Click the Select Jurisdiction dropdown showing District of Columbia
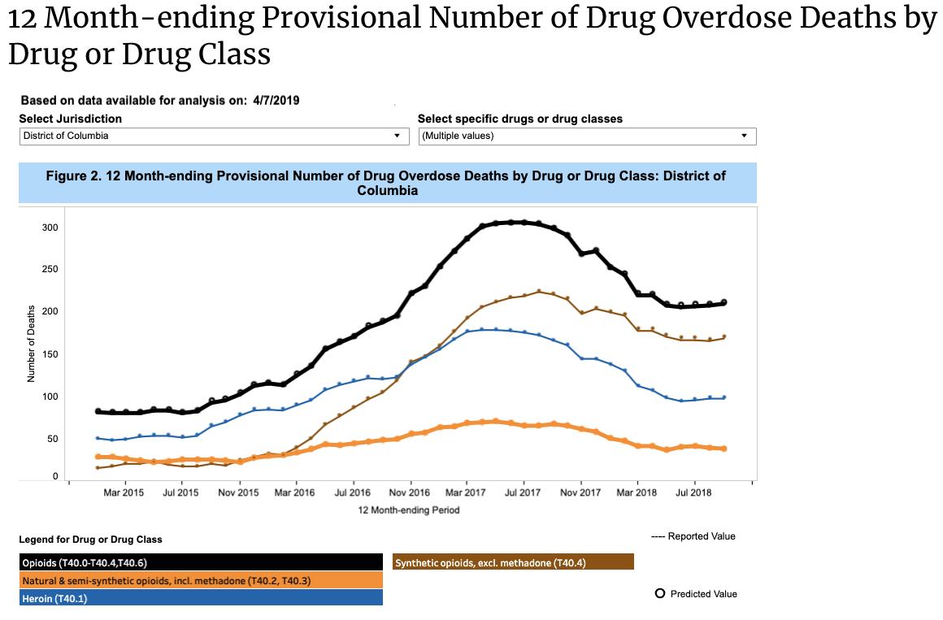214,136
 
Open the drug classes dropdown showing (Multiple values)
587,136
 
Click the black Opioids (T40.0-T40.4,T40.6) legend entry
201,562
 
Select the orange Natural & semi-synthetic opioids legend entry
201,580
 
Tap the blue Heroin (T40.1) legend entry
201,598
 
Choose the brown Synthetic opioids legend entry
513,562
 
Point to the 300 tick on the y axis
50,228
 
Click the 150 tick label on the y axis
50,354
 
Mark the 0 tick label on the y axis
54,475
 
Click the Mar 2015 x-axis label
124,493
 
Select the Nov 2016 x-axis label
409,493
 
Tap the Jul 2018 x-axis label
693,493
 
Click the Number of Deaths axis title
32,344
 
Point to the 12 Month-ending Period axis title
408,510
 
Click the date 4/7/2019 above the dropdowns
276,101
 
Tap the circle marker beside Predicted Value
660,594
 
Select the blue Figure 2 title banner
387,183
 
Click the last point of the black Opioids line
724,302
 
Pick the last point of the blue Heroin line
724,397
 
